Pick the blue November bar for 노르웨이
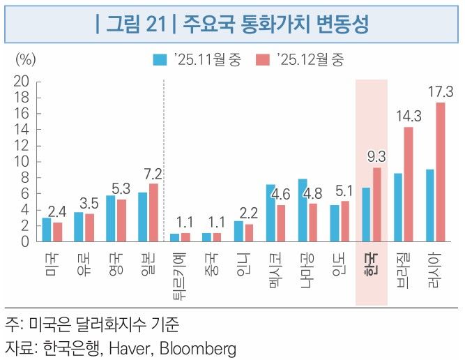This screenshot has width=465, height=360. point(303,211)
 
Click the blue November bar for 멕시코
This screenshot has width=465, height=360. point(270,213)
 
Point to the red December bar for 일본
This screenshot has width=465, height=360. point(153,213)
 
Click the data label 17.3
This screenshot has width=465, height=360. point(441,91)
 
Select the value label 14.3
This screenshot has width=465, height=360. point(409,116)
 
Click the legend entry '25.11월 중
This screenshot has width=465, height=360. point(197,59)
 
